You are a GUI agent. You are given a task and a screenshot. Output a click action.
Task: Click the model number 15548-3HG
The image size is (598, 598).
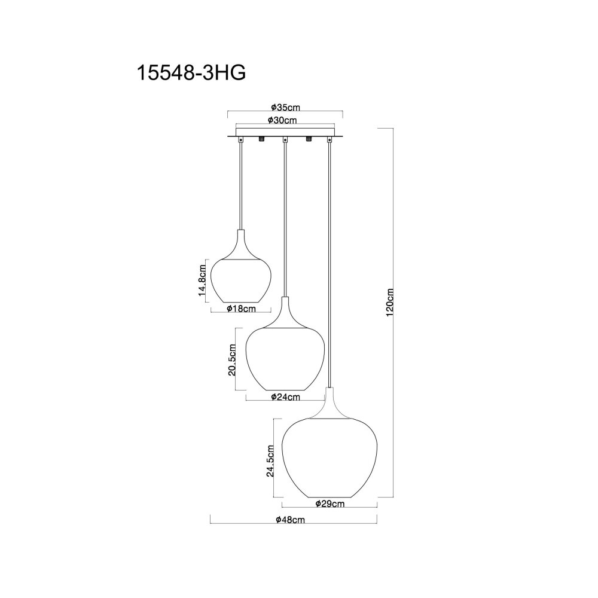(191, 72)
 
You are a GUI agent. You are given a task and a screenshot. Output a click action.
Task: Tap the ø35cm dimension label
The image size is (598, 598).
(285, 107)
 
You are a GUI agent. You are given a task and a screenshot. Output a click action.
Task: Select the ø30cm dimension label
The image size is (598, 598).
(282, 120)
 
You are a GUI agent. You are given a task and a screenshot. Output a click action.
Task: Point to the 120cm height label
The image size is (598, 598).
(389, 303)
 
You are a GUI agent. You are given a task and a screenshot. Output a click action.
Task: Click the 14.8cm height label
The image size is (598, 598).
(202, 280)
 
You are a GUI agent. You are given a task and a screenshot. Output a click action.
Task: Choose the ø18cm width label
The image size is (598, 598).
(241, 309)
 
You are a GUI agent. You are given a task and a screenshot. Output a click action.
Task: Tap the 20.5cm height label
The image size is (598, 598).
(232, 359)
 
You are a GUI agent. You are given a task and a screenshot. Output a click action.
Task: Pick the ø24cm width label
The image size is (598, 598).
(286, 397)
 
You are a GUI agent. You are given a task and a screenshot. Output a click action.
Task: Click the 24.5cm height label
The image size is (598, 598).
(270, 460)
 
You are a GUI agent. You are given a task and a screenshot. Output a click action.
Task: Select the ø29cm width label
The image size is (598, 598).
(330, 504)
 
